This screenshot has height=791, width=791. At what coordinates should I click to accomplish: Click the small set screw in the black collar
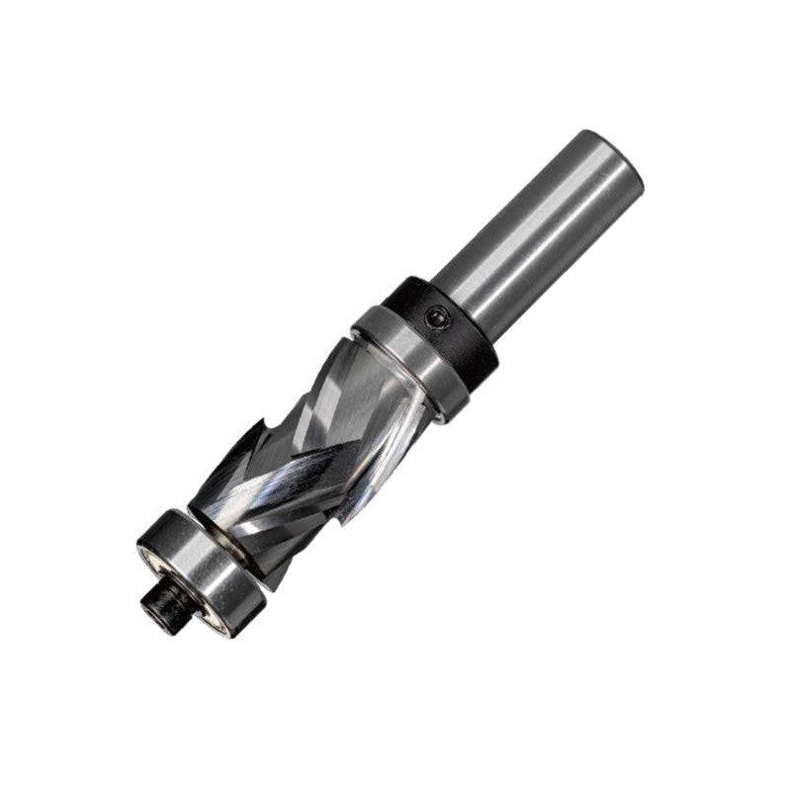point(436,317)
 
